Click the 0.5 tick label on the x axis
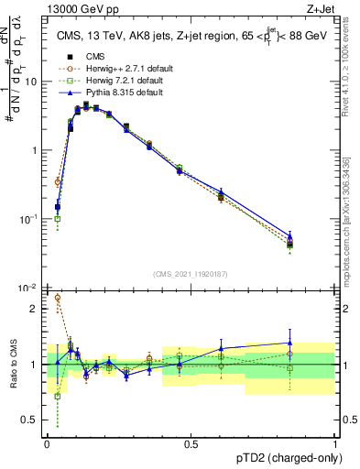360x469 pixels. click(x=191, y=444)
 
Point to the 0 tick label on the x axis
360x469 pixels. click(x=46, y=444)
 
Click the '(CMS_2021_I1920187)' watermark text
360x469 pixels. click(x=191, y=273)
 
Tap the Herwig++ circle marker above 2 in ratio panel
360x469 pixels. click(x=58, y=297)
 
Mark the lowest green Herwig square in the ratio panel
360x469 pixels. click(x=58, y=396)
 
